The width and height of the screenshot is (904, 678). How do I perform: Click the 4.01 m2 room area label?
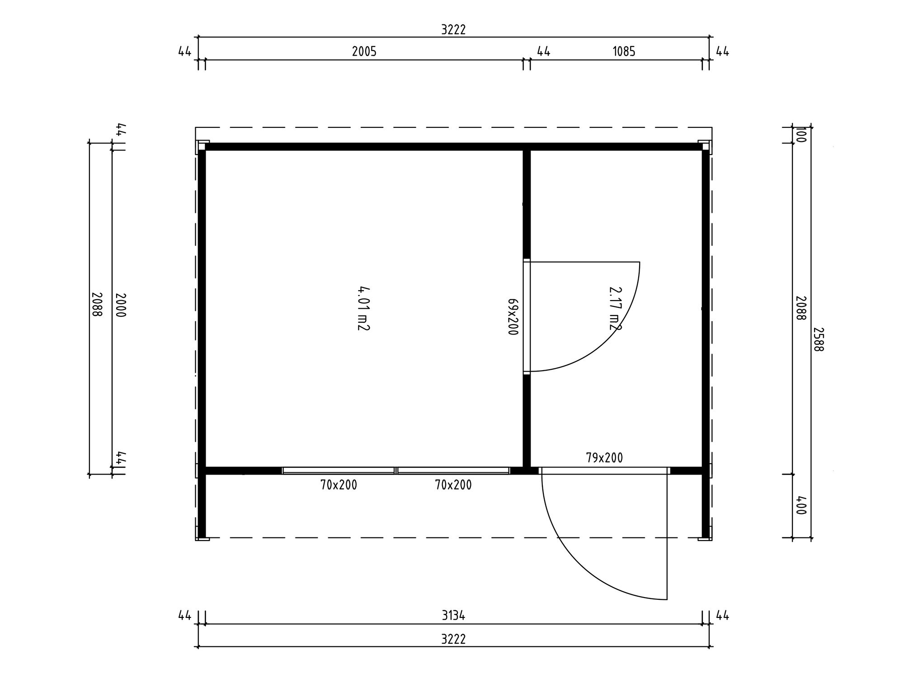(363, 308)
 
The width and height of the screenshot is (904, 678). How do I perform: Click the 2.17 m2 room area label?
(615, 308)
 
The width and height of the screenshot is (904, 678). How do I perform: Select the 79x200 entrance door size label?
(604, 458)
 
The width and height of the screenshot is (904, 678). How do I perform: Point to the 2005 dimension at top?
(364, 52)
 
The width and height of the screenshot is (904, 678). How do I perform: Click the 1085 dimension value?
(624, 52)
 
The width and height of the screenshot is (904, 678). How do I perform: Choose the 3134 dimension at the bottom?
(453, 615)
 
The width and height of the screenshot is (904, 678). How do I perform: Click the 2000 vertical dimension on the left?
(120, 305)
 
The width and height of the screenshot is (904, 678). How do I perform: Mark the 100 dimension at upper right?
(800, 135)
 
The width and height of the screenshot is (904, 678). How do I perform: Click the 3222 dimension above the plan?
(453, 29)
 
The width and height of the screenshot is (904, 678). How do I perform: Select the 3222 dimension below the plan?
(453, 639)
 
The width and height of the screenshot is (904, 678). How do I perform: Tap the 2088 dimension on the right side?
(800, 308)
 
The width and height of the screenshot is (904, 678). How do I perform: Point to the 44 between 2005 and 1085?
(543, 52)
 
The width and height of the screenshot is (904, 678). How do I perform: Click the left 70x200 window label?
(339, 485)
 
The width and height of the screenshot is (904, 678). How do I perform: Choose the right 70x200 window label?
(453, 485)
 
